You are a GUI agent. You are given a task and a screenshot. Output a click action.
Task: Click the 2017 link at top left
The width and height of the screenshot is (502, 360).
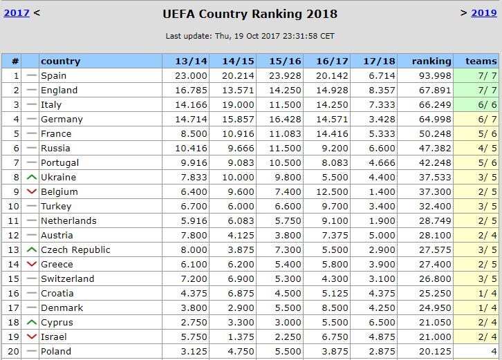pyautogui.click(x=17, y=12)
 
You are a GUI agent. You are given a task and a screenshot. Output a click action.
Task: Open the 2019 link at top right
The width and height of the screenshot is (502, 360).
pyautogui.click(x=484, y=12)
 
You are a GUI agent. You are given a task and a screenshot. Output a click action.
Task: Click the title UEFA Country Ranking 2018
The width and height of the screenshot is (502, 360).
pyautogui.click(x=250, y=14)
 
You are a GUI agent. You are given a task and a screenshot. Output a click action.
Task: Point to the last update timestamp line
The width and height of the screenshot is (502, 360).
pyautogui.click(x=250, y=36)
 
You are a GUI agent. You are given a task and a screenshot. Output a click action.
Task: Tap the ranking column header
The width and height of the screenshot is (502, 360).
pyautogui.click(x=431, y=61)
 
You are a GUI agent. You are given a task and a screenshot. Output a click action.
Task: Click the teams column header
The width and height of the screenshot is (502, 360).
pyautogui.click(x=481, y=61)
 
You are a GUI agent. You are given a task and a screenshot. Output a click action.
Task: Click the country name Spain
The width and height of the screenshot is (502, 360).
pyautogui.click(x=53, y=75)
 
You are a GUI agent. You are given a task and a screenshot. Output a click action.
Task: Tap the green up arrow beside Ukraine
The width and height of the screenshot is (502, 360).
pyautogui.click(x=31, y=177)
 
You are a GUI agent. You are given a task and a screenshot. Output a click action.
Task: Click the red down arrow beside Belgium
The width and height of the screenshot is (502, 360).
pyautogui.click(x=31, y=191)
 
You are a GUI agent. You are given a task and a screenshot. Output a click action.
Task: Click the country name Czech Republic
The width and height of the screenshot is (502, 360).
pyautogui.click(x=75, y=249)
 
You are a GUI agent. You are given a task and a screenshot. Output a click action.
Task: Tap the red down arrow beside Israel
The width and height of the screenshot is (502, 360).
pyautogui.click(x=31, y=337)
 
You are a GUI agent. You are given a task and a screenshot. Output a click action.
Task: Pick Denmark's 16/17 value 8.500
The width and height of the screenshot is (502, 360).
pyautogui.click(x=333, y=307)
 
